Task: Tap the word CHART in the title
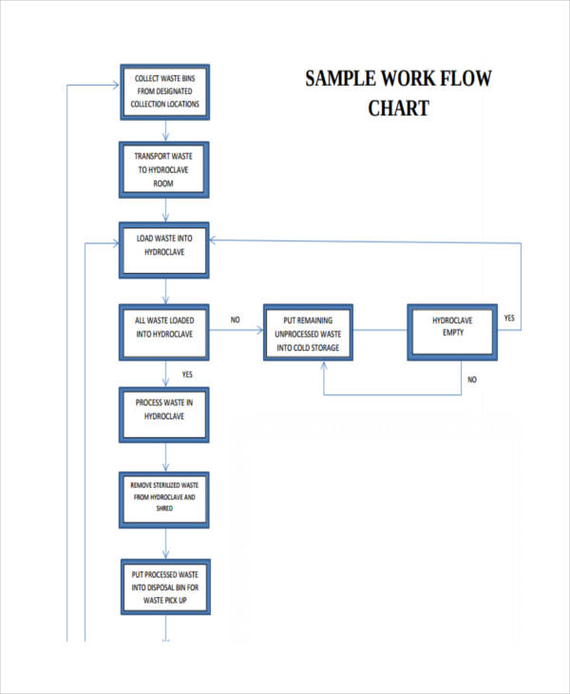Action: click(x=398, y=107)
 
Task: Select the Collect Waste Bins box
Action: click(x=164, y=92)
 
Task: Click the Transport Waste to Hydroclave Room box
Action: click(x=164, y=169)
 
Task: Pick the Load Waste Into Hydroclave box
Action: click(x=164, y=250)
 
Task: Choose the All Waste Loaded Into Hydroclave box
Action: click(x=164, y=332)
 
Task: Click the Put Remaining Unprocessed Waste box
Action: click(x=307, y=333)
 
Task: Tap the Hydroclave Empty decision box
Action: click(x=452, y=332)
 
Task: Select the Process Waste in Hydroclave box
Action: click(x=164, y=414)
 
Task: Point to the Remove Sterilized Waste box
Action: click(x=164, y=500)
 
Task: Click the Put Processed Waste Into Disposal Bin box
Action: click(x=164, y=587)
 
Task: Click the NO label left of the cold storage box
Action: click(x=235, y=320)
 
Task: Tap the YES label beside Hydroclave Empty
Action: click(x=509, y=318)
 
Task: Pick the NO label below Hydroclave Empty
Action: click(x=471, y=380)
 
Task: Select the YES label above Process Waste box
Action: click(x=187, y=375)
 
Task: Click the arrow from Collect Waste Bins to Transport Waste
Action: click(x=165, y=131)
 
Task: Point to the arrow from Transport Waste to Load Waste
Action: click(x=165, y=210)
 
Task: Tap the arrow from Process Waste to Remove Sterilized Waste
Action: click(x=165, y=457)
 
